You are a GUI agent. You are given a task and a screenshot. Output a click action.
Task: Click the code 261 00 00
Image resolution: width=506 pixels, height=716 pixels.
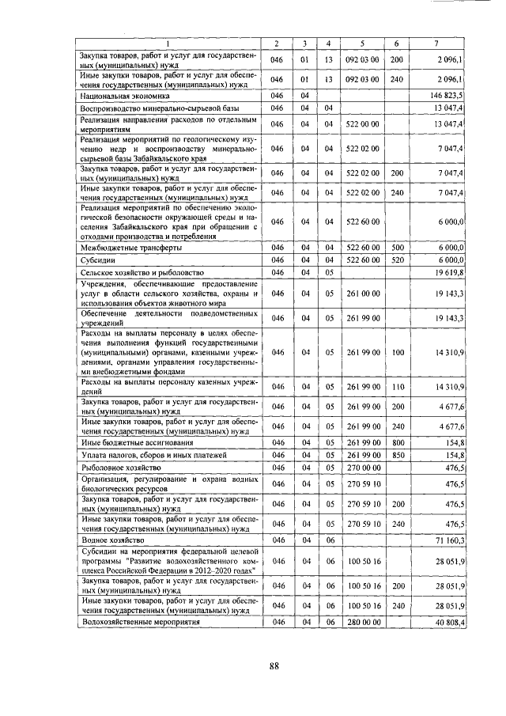tap(363, 294)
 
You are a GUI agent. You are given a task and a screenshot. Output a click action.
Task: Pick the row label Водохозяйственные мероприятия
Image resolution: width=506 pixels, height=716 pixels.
tap(141, 623)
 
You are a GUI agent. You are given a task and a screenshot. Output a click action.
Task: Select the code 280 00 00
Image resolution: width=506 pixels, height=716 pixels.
tap(363, 623)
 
